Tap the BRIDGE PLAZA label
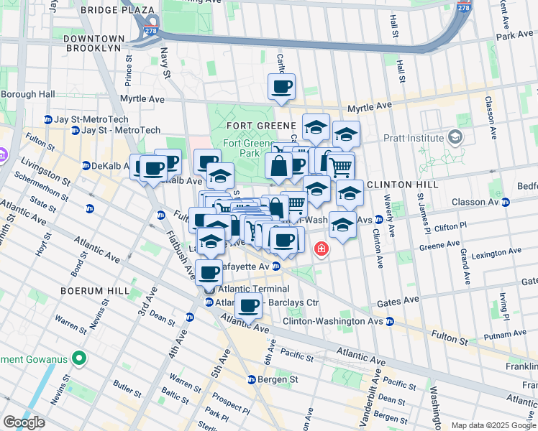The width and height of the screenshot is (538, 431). [x=117, y=10]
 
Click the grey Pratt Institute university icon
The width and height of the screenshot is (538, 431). [x=455, y=137]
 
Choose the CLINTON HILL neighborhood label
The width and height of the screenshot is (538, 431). [x=398, y=185]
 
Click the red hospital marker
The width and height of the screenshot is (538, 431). [x=321, y=249]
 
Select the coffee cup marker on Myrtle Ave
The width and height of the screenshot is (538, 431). [x=281, y=88]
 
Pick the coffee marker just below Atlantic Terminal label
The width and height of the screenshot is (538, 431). [x=248, y=306]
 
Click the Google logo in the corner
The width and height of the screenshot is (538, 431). [x=24, y=422]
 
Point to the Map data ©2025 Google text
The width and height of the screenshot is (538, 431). [x=493, y=425]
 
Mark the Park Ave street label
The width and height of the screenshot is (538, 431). [x=514, y=35]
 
